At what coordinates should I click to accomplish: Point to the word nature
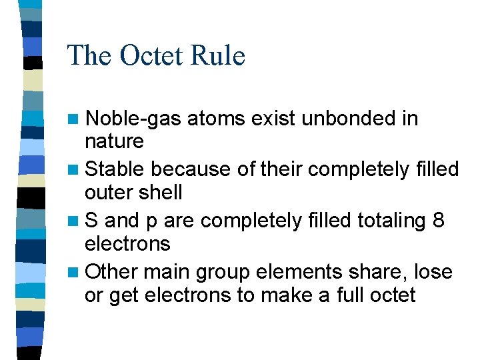tap(114, 141)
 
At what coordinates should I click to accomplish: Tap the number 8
tap(438, 221)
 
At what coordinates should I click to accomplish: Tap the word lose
tap(433, 272)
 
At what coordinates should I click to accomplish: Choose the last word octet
tap(394, 295)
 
